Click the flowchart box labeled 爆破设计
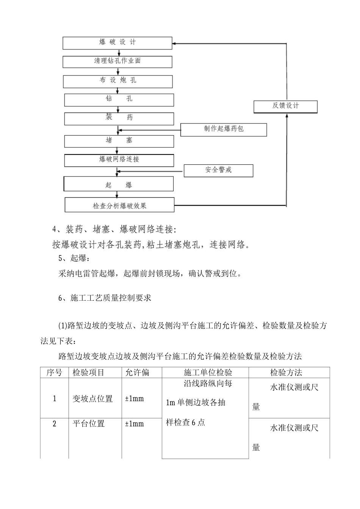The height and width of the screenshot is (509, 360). [117, 43]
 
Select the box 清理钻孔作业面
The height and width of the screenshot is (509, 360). [117, 61]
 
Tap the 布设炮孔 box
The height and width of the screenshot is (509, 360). [118, 81]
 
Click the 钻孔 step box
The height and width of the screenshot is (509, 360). [119, 100]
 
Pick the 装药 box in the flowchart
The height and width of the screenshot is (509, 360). [119, 118]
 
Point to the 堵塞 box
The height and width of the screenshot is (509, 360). [119, 141]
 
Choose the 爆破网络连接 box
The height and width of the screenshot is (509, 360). [119, 160]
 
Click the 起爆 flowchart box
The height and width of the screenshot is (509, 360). [119, 184]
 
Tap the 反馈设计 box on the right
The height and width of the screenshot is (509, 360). [285, 106]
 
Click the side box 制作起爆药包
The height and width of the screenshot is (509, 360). [224, 130]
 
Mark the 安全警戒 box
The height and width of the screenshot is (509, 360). [218, 170]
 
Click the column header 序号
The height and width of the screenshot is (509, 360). [54, 373]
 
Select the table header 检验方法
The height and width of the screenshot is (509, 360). [286, 373]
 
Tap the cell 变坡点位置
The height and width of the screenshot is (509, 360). [93, 398]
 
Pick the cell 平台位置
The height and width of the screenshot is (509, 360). [89, 423]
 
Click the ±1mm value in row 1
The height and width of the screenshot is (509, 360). [135, 398]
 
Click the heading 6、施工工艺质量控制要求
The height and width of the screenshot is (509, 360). [105, 298]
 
